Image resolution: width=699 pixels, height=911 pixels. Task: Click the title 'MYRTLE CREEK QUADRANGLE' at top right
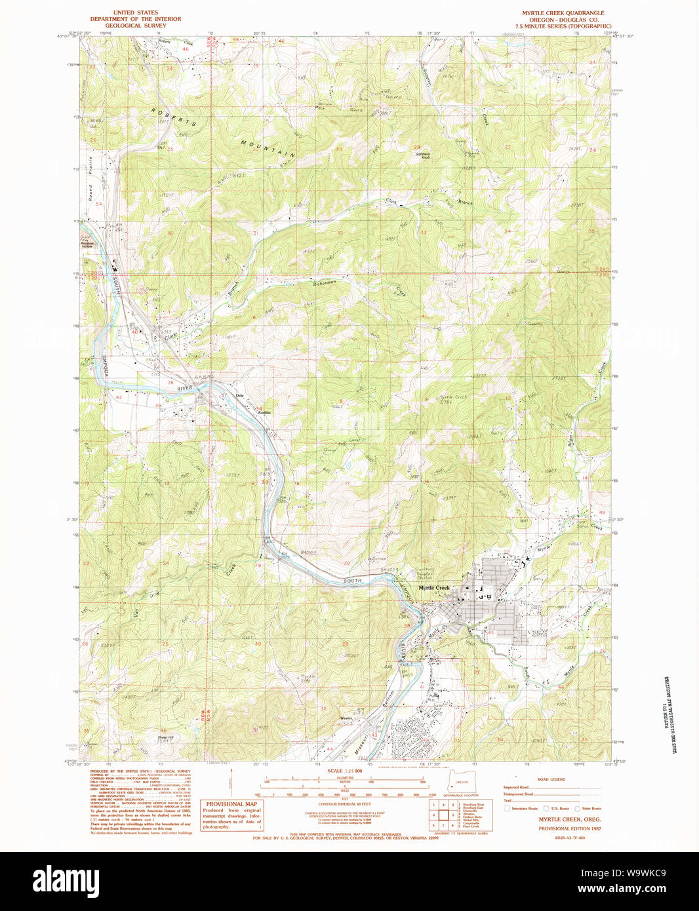click(563, 13)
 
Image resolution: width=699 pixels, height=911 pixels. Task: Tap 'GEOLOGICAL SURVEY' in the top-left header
click(136, 26)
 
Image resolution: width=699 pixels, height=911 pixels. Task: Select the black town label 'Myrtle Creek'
click(434, 588)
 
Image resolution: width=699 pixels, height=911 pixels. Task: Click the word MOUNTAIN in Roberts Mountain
click(268, 149)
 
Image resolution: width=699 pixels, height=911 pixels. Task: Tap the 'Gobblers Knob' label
click(423, 156)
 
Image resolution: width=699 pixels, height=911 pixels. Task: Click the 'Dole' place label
click(239, 395)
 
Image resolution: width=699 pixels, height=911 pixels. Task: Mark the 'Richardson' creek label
click(324, 283)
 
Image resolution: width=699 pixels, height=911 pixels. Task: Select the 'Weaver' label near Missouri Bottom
click(346, 718)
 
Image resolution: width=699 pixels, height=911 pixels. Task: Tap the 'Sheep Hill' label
click(165, 737)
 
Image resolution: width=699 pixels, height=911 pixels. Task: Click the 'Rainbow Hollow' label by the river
click(87, 243)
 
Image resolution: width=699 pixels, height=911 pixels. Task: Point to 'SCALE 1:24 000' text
click(344, 771)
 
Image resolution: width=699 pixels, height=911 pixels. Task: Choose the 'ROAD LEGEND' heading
click(551, 779)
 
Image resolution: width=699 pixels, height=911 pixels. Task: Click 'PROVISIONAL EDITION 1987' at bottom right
click(569, 828)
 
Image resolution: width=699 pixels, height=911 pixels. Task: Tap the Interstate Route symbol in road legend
click(507, 809)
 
